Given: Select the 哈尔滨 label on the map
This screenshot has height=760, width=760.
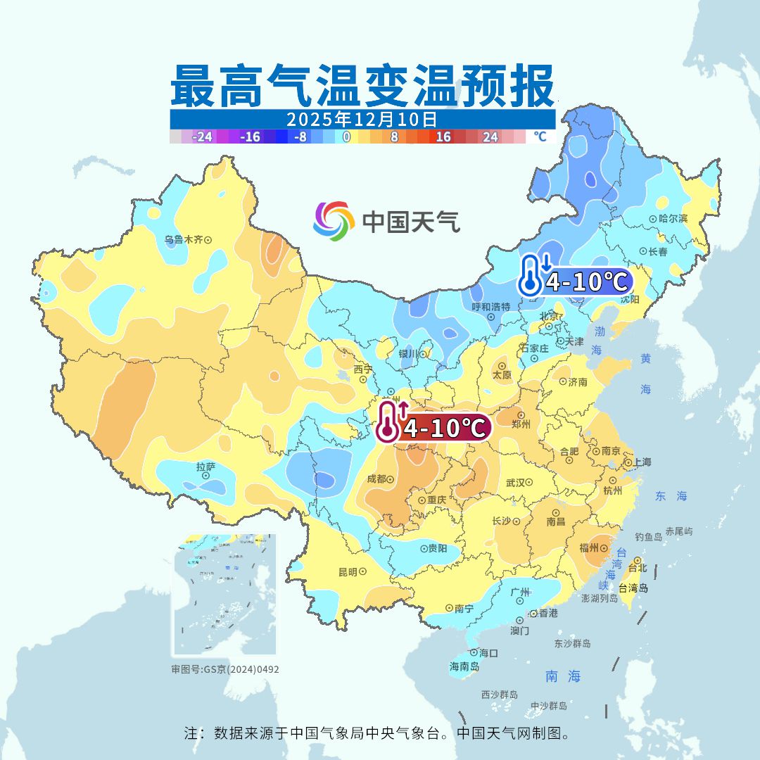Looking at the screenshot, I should tap(673, 219).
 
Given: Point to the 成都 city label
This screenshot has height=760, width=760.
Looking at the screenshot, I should tap(376, 479).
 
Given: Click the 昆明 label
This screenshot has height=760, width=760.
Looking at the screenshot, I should tap(348, 571).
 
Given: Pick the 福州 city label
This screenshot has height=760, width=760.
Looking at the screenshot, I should tap(589, 547).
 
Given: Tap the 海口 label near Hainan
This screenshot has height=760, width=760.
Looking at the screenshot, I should tap(488, 653).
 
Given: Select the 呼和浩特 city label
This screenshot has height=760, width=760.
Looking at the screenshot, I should tap(490, 307).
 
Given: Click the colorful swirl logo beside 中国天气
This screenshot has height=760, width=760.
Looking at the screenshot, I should tap(334, 221).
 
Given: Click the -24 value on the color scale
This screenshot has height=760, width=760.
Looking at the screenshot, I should tap(203, 137).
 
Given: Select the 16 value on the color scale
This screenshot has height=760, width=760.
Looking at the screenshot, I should tap(443, 137).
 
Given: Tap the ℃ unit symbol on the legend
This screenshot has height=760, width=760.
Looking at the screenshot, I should tap(540, 137).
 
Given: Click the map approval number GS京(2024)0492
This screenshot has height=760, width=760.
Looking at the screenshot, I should tap(224, 669).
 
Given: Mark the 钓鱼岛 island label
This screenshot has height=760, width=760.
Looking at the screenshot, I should tap(648, 537).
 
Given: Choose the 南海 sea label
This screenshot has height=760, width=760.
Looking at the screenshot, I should tap(563, 677).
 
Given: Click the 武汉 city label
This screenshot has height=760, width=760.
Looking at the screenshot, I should tap(515, 483).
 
